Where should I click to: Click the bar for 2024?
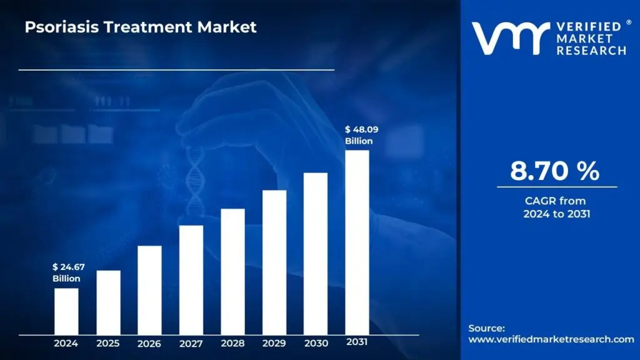[x=66, y=311]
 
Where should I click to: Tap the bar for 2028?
[x=232, y=271]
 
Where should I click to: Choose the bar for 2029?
[x=274, y=262]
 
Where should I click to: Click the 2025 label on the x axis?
[x=107, y=343]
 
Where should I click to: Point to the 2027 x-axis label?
[x=191, y=343]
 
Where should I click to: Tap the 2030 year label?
[x=315, y=343]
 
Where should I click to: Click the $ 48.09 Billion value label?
[x=361, y=135]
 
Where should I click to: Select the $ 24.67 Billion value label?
[x=68, y=272]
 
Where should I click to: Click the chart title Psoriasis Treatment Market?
[x=141, y=27]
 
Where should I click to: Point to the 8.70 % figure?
[x=554, y=171]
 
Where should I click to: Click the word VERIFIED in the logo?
[x=587, y=27]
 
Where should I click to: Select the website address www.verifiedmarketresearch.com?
[x=551, y=339]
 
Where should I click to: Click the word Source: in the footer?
[x=486, y=328]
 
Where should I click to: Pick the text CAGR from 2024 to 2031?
[x=556, y=207]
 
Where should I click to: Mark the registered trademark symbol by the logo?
[x=628, y=22]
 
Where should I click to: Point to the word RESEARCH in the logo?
[x=591, y=50]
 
